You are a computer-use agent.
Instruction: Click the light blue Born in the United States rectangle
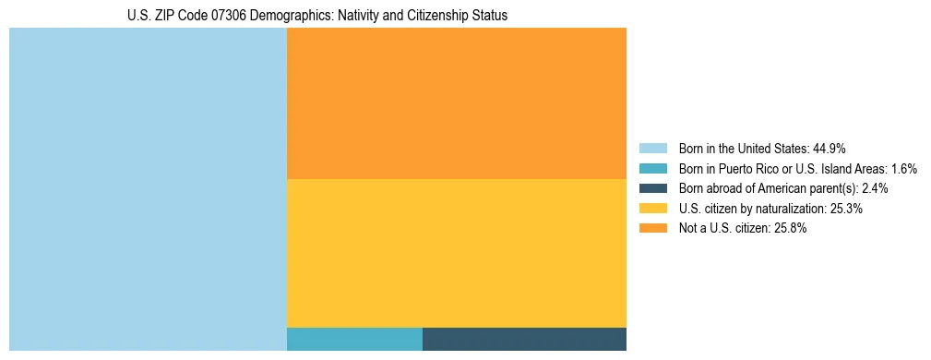[x=148, y=189]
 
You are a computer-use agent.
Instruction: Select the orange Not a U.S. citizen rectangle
[x=457, y=102]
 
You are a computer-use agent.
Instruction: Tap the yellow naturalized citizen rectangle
[x=457, y=252]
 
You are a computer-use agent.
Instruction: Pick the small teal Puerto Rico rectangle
[x=354, y=339]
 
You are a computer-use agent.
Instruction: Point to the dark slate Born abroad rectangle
[x=524, y=339]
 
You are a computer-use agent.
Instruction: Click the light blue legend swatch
[x=652, y=148]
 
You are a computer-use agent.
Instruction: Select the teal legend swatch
[x=652, y=168]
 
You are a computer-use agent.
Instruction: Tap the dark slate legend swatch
[x=652, y=188]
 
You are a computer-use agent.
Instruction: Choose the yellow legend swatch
[x=652, y=209]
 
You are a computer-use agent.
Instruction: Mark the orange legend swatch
[x=652, y=229]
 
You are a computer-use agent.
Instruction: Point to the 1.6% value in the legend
[x=902, y=168]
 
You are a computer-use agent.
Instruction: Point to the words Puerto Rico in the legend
[x=755, y=168]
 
